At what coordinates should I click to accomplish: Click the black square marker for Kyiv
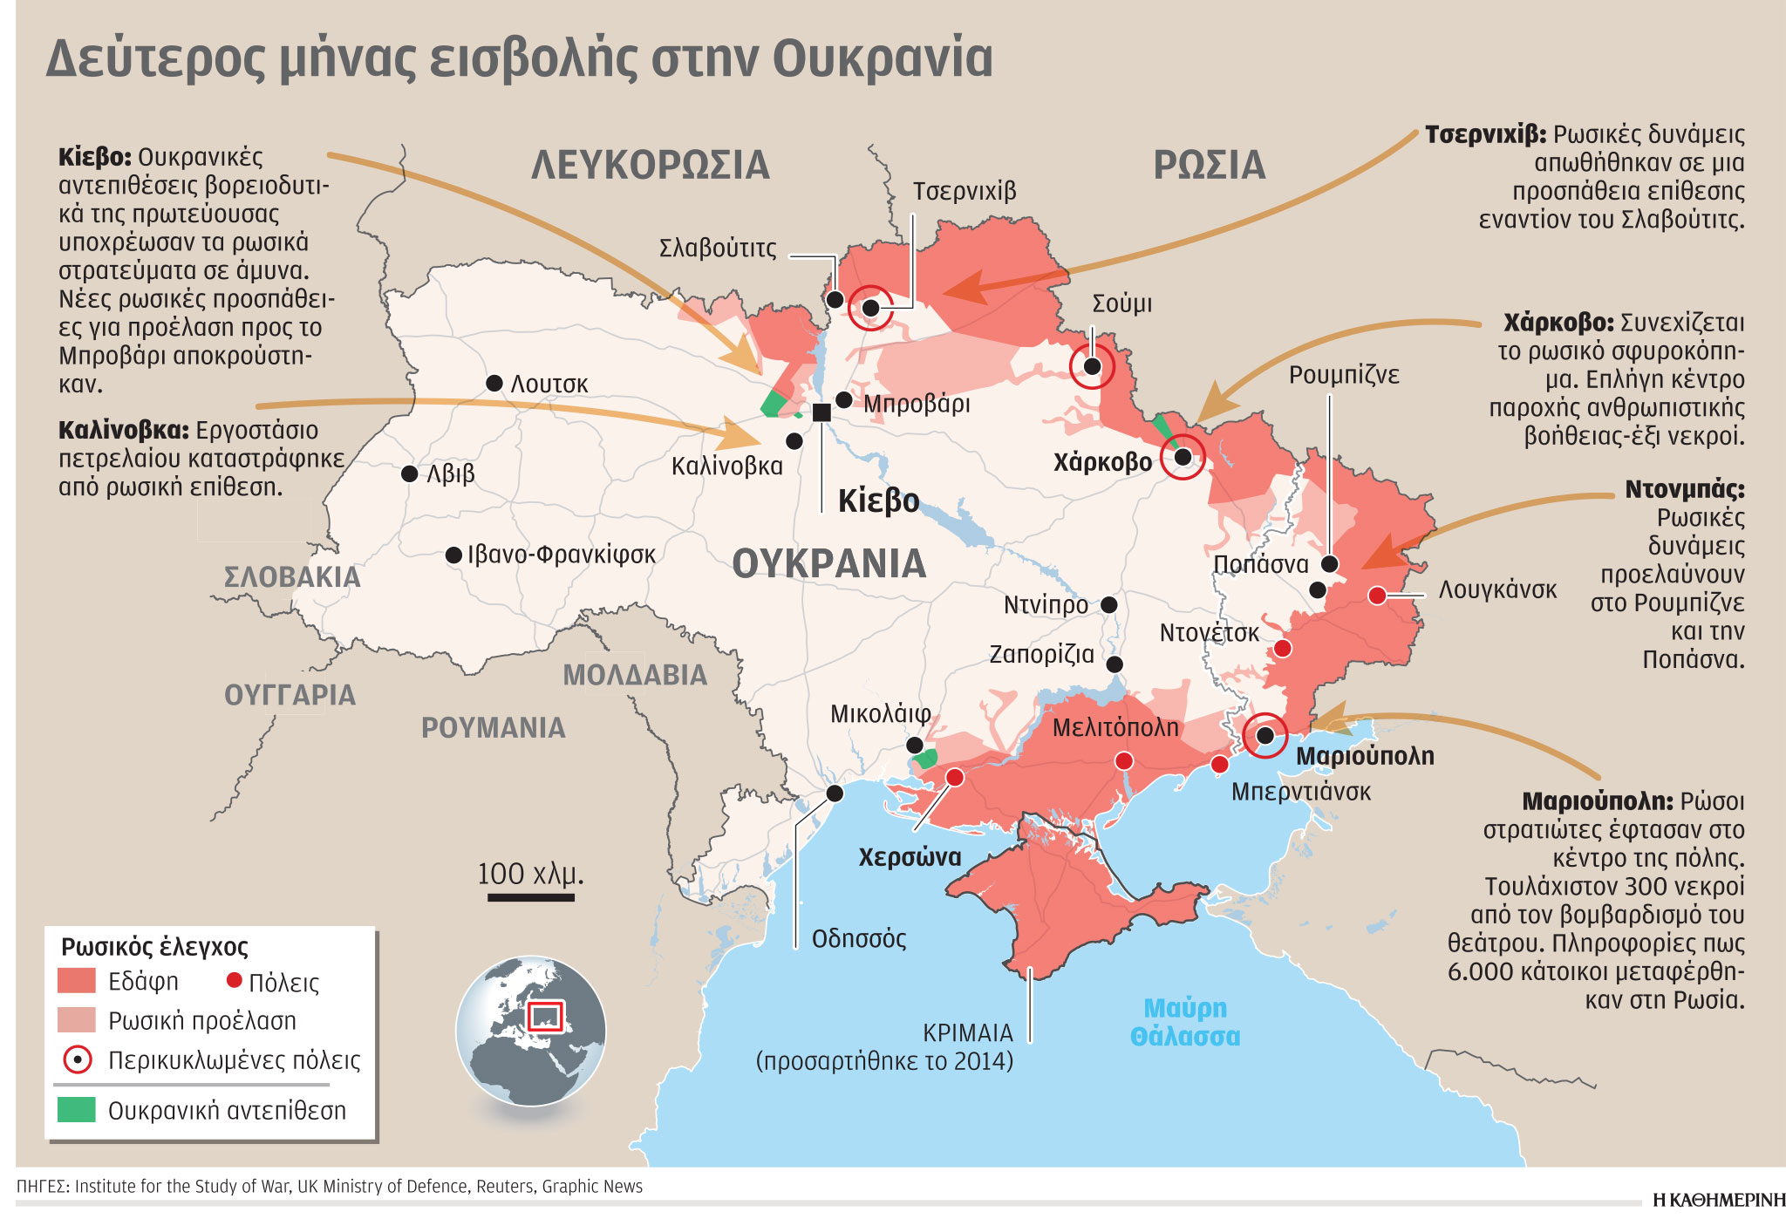click(821, 412)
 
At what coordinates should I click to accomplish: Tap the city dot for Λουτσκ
click(494, 383)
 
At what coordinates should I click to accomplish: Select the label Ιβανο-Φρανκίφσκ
click(561, 555)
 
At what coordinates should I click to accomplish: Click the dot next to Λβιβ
click(409, 473)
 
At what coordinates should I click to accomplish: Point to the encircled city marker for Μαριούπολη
click(1265, 736)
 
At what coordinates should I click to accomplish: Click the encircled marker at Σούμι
click(1092, 366)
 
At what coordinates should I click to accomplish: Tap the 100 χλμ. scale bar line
click(530, 896)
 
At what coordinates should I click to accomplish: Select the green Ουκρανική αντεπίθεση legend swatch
click(76, 1110)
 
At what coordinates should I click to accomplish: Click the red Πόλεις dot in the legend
click(234, 980)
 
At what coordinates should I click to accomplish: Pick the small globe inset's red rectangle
click(546, 1016)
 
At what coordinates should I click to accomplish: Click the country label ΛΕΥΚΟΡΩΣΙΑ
click(650, 165)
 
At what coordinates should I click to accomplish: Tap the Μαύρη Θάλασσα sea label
click(1184, 1022)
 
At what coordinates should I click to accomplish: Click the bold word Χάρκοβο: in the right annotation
click(1558, 323)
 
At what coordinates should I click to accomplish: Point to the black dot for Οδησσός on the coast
click(835, 793)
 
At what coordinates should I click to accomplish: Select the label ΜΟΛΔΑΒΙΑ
click(634, 675)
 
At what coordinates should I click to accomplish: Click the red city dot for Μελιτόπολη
click(1124, 761)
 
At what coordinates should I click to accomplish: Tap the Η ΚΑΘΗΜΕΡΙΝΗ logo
click(1718, 1200)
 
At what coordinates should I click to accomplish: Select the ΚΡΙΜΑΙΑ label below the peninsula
click(967, 1032)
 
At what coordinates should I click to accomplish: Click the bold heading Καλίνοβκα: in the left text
click(123, 430)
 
